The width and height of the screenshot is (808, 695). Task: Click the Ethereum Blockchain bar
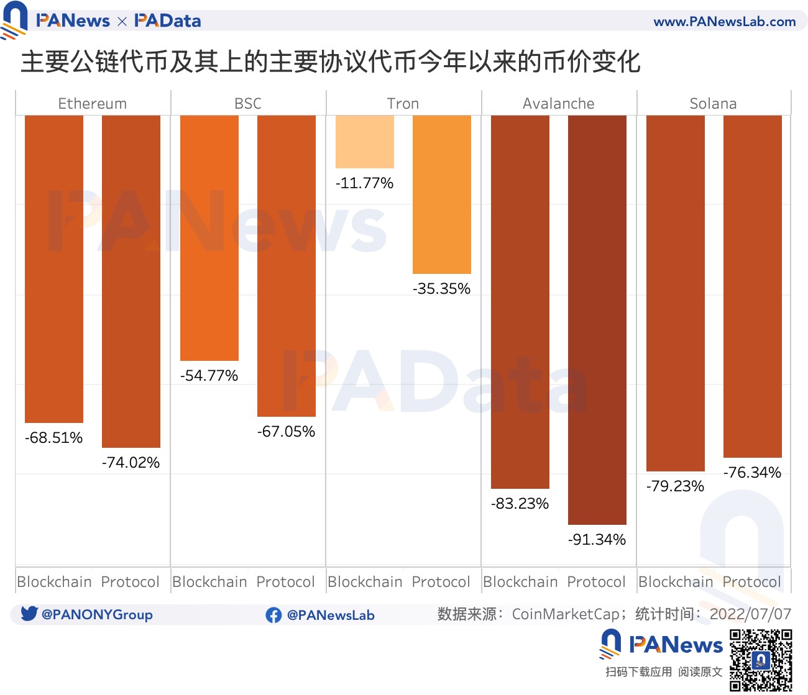54,268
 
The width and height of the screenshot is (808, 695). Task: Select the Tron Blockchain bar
365,142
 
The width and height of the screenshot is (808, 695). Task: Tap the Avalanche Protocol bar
597,320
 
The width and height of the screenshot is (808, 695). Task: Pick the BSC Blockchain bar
209,237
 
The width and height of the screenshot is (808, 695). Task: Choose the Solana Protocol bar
753,286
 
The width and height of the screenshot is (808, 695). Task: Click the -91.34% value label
597,540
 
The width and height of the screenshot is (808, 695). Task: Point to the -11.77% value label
365,183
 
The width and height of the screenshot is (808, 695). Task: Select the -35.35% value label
442,289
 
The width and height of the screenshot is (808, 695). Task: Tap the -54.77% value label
209,376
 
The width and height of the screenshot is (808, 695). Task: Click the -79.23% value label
676,486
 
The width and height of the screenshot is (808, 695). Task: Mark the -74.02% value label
131,463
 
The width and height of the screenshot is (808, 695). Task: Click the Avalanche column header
559,104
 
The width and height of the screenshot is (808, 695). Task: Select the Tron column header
403,104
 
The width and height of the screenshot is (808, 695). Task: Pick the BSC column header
248,104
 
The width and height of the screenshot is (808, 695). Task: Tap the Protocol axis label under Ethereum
131,582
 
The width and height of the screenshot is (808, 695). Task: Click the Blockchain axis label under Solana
676,582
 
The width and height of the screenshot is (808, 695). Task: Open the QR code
761,660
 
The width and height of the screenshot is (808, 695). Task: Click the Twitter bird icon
29,614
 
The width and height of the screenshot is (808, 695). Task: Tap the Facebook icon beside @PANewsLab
273,615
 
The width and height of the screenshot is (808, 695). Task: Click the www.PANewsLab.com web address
725,22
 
